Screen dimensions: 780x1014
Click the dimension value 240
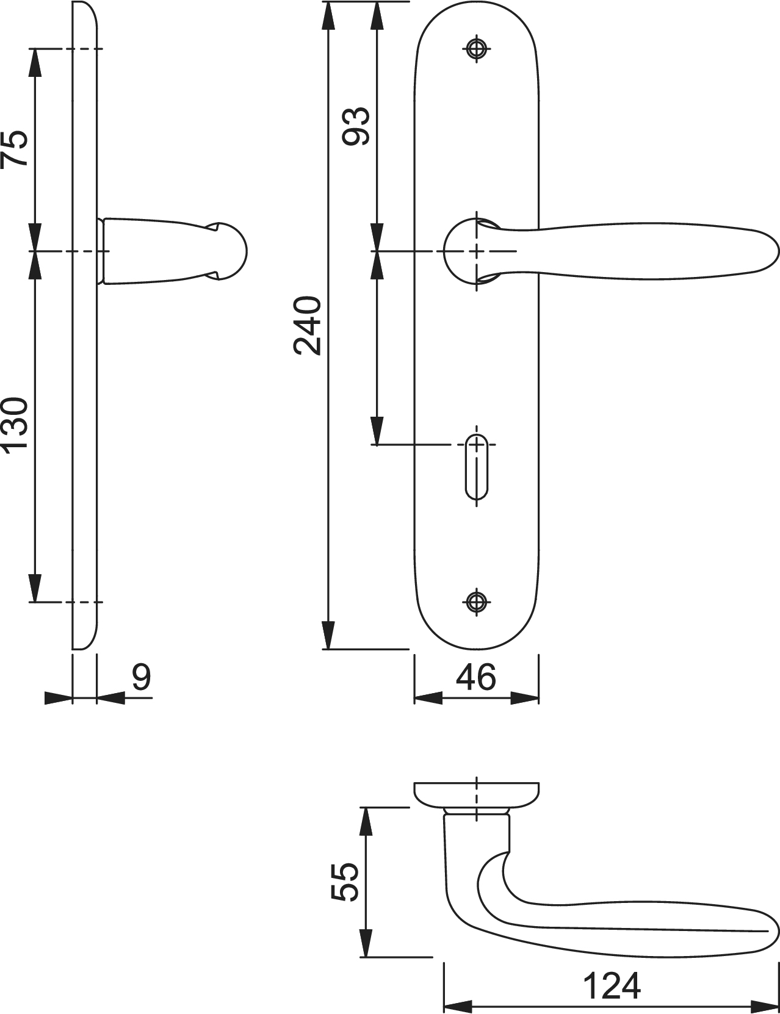tap(308, 326)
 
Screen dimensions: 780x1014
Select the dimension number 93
tap(356, 126)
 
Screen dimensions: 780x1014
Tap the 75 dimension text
tap(15, 148)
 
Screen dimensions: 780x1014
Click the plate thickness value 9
tap(142, 677)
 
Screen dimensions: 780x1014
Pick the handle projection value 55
tap(344, 882)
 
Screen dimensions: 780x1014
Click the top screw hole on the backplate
tap(477, 48)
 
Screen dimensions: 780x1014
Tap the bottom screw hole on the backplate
tap(477, 602)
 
